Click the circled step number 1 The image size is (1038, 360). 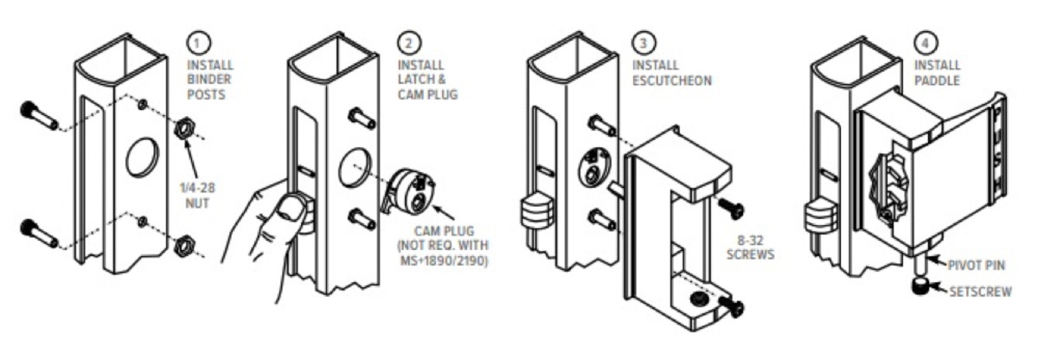196,40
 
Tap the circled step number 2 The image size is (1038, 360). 407,40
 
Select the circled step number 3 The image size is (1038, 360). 640,41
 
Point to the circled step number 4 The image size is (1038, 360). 924,40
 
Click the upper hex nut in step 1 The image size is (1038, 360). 183,131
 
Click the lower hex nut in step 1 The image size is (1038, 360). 183,246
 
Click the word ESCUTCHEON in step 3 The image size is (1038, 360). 672,80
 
